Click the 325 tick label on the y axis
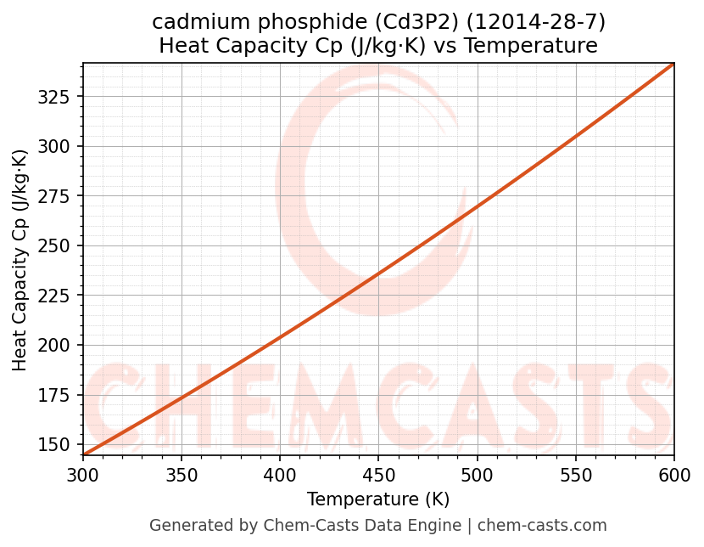[59, 96]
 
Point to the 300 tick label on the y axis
[59, 146]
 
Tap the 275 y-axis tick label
[59, 196]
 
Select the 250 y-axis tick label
[59, 245]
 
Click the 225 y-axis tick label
[59, 296]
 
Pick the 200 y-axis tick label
[59, 346]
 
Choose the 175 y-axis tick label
[59, 395]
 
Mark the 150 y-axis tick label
[59, 445]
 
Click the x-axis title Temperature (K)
[378, 499]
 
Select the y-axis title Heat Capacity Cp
[20, 260]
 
